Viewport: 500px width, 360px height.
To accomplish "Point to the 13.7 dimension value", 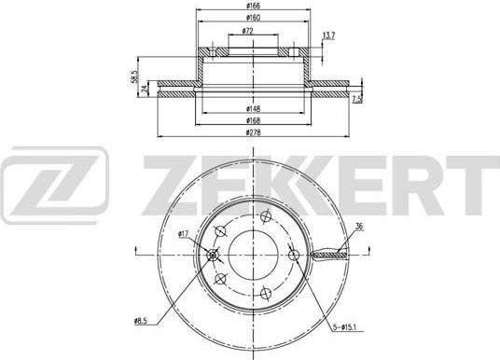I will point(327,36).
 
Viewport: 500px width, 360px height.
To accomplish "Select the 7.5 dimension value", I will point(356,99).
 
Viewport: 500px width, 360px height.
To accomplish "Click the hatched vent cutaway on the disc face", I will point(329,254).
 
